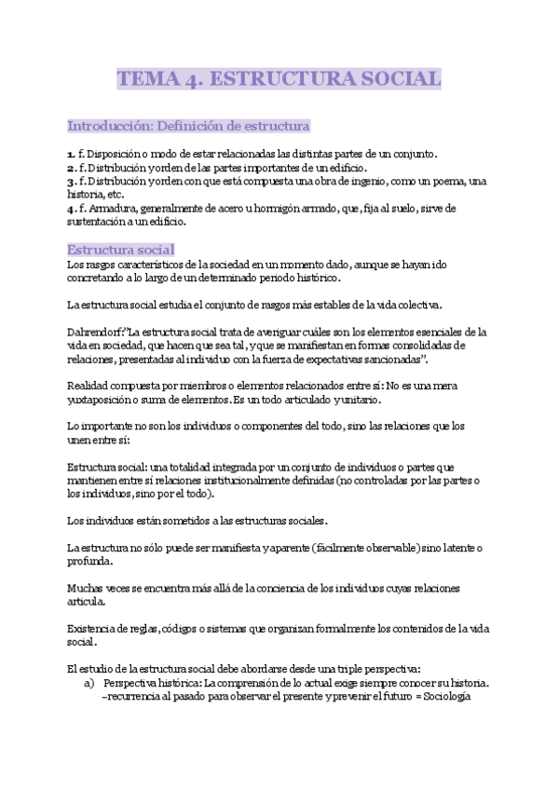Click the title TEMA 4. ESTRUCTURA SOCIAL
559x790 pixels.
(x=279, y=79)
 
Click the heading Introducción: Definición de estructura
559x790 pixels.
(x=188, y=125)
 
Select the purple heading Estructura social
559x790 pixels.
(x=120, y=249)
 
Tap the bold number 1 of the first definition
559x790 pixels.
(x=71, y=153)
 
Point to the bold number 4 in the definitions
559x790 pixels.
(x=71, y=209)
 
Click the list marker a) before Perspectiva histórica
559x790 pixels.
(x=89, y=682)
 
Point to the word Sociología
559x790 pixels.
(x=463, y=696)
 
